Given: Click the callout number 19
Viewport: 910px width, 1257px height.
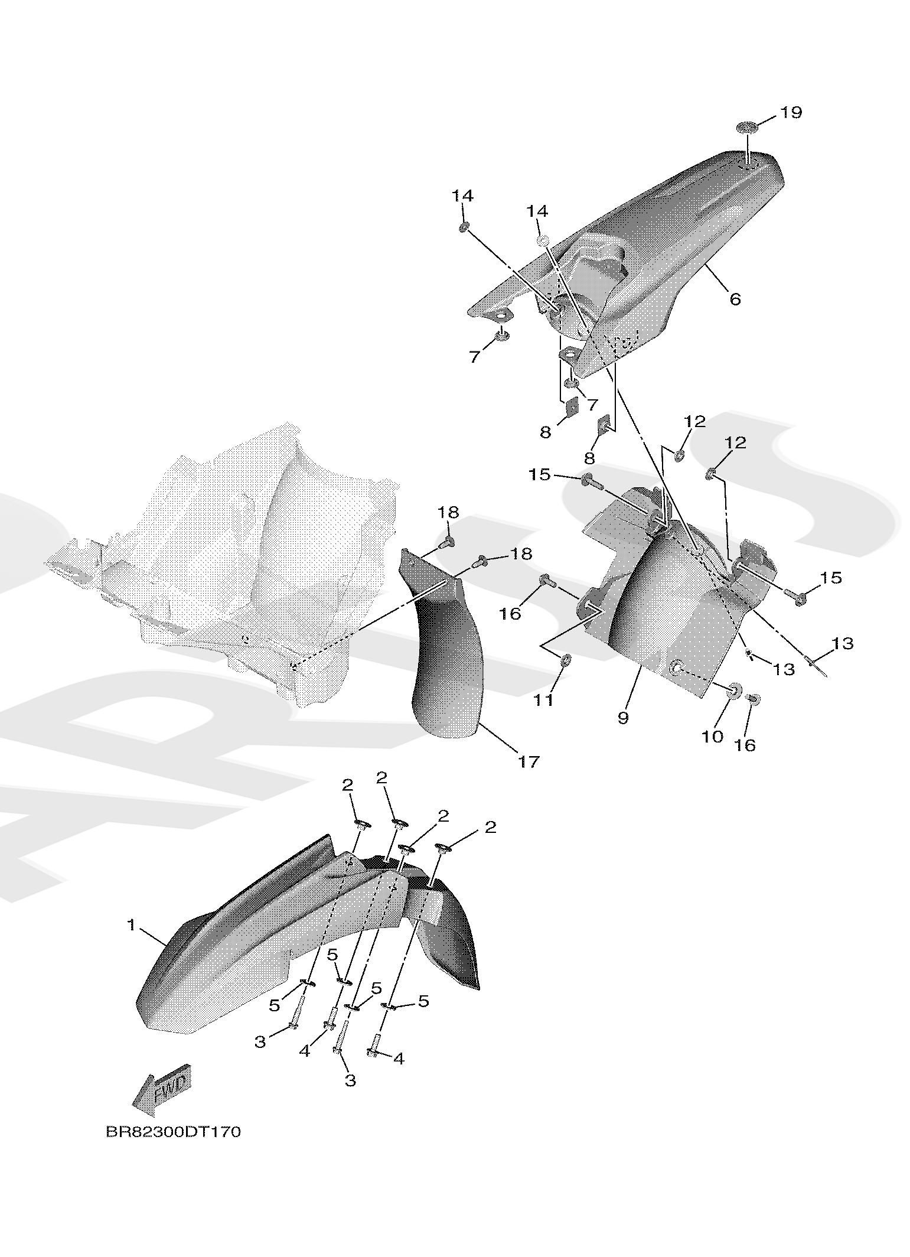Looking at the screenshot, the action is pos(790,112).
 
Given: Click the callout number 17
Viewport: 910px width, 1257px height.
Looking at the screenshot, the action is pos(528,762).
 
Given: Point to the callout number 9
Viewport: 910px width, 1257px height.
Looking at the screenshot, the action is pos(624,718).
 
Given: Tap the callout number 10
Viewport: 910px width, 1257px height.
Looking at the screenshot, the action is pos(713,736).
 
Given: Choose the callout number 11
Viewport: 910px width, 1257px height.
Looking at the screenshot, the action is pos(544,700).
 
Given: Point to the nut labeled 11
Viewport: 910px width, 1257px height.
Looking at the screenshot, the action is pos(565,659).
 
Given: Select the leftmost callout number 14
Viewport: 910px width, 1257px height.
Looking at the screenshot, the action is pos(463,196).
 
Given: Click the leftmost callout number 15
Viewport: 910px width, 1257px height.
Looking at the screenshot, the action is pos(539,474).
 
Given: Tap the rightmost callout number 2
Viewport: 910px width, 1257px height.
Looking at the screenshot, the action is pos(490,827).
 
